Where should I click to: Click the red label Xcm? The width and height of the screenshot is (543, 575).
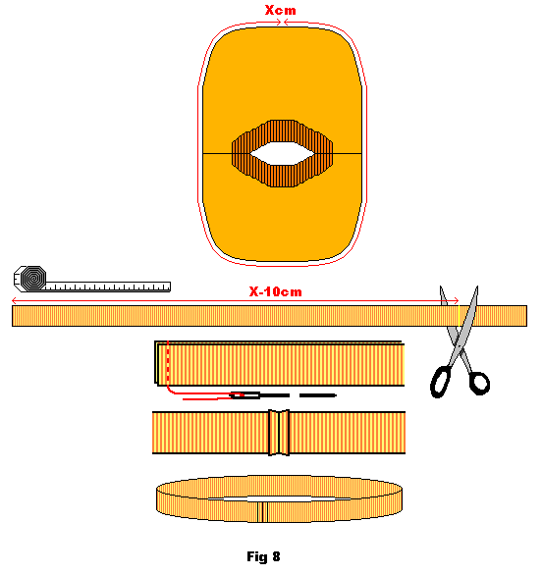pos(281,10)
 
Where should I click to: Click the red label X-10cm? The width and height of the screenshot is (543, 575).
pos(276,291)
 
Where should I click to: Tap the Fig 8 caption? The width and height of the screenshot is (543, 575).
pos(263,556)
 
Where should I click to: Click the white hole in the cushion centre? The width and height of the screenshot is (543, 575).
pos(282,154)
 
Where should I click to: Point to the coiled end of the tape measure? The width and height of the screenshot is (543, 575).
pos(33,279)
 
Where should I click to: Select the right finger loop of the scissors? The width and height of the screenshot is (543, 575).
pos(479,384)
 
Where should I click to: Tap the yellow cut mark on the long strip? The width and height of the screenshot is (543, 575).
pos(459,316)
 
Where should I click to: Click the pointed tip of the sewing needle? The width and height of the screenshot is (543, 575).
pos(335,395)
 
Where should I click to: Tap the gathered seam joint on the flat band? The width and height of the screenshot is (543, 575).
pos(279,433)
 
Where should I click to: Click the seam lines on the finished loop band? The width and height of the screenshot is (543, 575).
pos(262,512)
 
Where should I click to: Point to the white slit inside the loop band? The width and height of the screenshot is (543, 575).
pos(279,498)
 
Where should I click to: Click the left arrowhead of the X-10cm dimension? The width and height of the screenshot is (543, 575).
pos(15,300)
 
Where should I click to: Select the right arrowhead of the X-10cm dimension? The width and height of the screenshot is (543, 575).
pos(456,300)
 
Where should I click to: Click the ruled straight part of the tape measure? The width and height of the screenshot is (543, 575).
pos(108,287)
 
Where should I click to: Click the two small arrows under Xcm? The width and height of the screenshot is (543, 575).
pos(283,23)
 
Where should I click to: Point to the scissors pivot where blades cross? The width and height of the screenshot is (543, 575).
pos(459,344)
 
